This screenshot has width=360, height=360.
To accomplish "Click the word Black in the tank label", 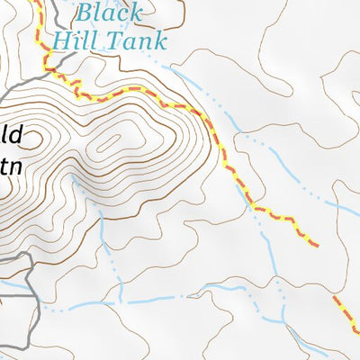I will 109,13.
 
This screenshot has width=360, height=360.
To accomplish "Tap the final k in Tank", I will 159,40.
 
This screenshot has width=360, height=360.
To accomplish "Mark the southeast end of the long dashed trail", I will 315,243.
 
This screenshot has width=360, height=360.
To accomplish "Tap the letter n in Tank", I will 147,41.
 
